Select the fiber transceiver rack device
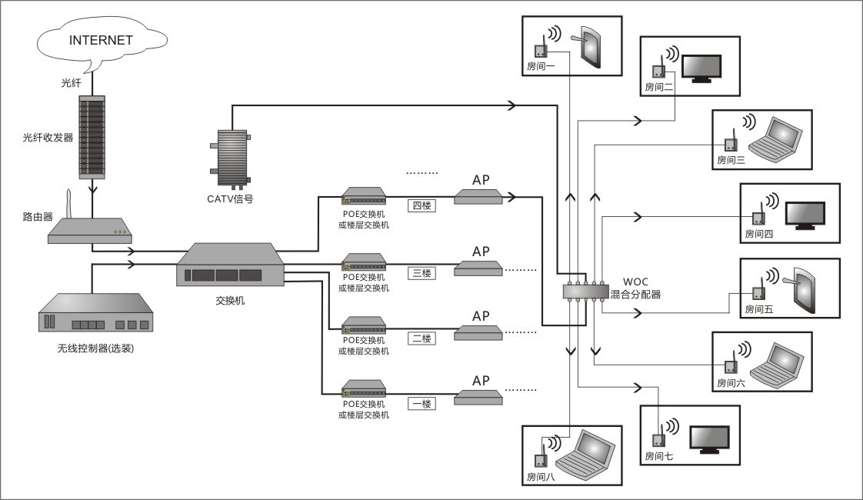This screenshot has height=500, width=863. pos(93,135)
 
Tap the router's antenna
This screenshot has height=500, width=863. pos(67,202)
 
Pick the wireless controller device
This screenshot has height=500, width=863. pos(95,313)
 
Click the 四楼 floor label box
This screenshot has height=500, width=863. pos(422,205)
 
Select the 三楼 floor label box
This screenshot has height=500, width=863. pos(422,272)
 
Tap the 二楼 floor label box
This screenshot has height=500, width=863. pos(422,338)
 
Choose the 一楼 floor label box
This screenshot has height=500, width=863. pos(422,403)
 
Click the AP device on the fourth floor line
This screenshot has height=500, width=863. pos(478,197)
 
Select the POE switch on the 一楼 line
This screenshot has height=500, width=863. pos(364,388)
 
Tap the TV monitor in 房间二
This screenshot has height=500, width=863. pos(703,68)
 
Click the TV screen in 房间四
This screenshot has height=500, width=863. pos(805,215)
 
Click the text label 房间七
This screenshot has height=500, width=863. pos(658,456)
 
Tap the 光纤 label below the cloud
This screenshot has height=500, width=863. pos(71,82)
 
